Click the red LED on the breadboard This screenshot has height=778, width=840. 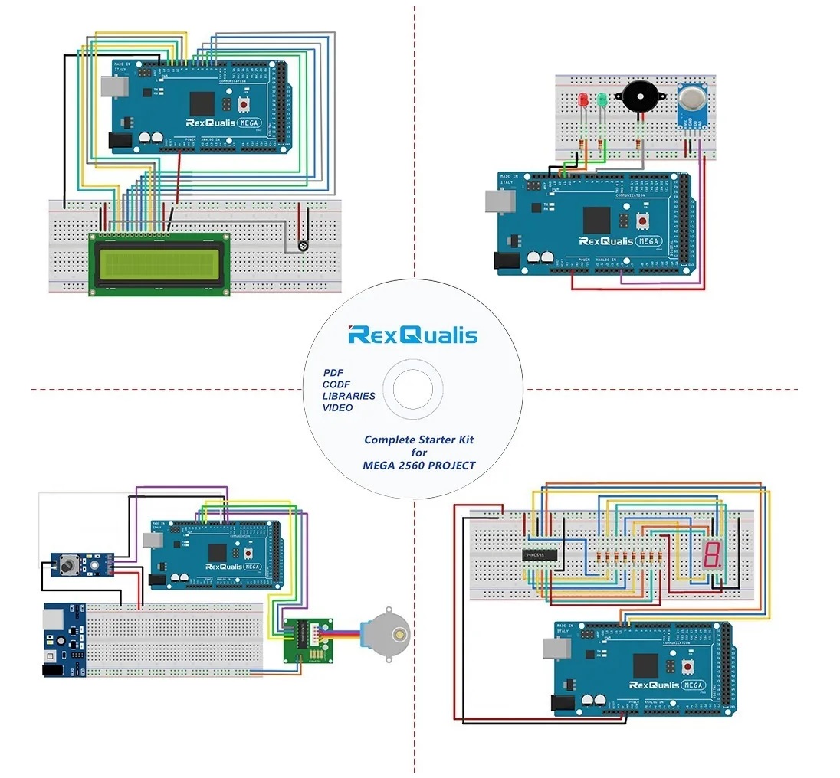click(x=582, y=100)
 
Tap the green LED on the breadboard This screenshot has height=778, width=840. click(x=602, y=100)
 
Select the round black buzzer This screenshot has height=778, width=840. click(x=638, y=97)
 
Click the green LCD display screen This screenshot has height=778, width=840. click(x=159, y=264)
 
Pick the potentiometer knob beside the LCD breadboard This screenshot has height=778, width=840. click(x=304, y=247)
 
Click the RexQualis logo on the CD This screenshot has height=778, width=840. click(x=412, y=335)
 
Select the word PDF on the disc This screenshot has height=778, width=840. click(x=333, y=372)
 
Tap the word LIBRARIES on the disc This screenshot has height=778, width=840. click(x=349, y=396)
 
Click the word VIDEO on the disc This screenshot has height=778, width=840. click(x=337, y=407)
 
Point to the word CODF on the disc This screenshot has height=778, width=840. click(x=336, y=384)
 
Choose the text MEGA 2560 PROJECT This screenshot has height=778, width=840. click(x=418, y=466)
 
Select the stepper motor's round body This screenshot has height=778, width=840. click(x=388, y=633)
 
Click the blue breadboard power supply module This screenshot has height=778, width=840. click(x=63, y=639)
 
